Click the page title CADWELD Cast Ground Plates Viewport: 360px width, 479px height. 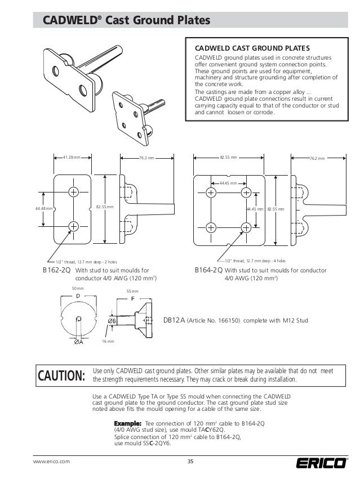click(x=122, y=21)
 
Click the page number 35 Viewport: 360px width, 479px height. click(x=190, y=462)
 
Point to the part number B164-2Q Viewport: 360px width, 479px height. click(x=208, y=271)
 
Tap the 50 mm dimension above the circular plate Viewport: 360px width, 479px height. click(x=77, y=288)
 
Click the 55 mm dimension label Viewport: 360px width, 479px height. click(x=132, y=292)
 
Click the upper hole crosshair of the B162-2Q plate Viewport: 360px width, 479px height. click(x=74, y=191)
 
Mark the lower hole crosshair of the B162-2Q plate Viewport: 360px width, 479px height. click(x=74, y=226)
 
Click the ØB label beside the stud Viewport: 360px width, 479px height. click(x=112, y=321)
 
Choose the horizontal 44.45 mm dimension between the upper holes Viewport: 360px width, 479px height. click(x=228, y=183)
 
